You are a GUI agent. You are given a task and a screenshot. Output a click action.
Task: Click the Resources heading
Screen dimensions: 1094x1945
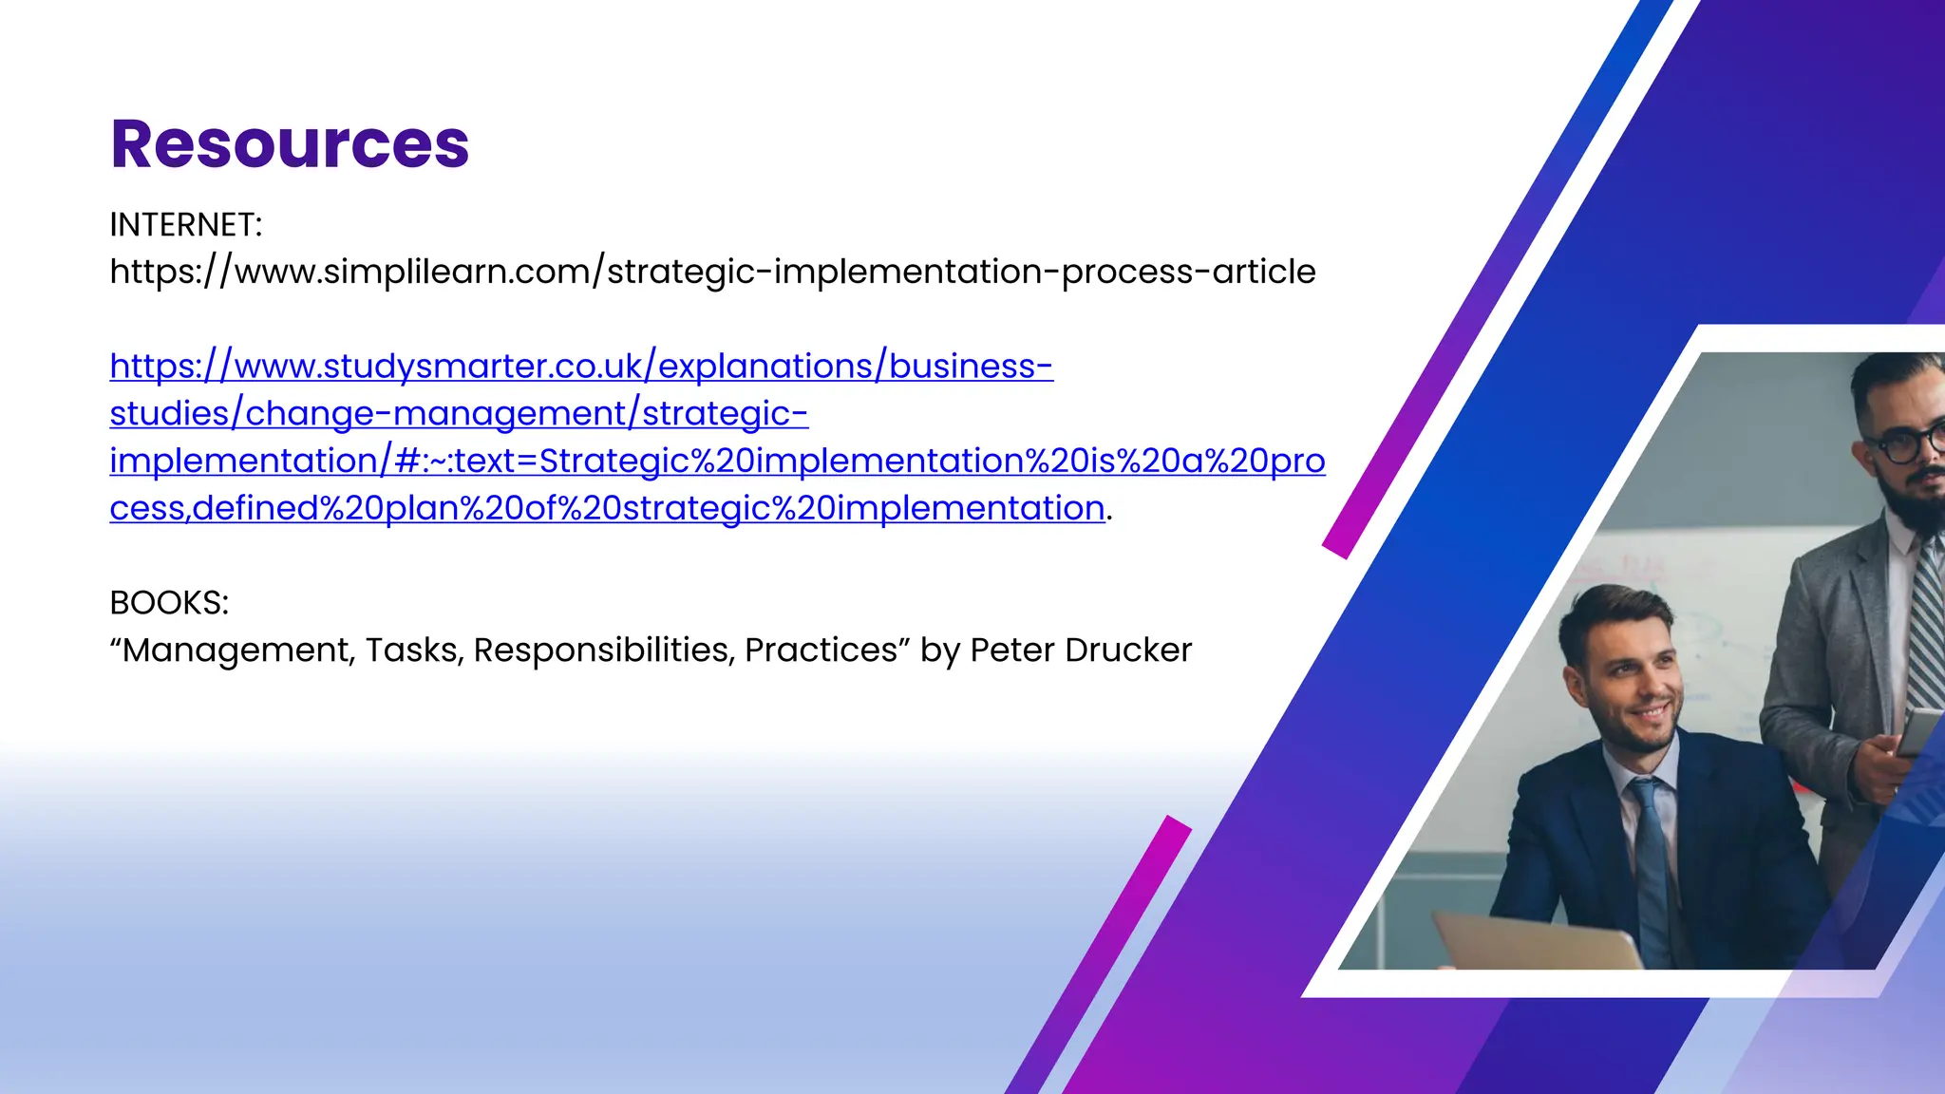tap(290, 144)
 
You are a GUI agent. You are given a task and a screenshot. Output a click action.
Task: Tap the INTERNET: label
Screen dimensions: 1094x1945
tap(185, 225)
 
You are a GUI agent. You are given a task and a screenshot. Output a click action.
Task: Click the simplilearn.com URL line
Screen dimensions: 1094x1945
tap(712, 273)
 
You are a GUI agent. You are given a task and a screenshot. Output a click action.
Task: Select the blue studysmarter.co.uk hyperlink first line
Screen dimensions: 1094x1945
tap(581, 367)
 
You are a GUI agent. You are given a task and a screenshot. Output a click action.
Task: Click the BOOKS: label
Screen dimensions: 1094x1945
tap(169, 603)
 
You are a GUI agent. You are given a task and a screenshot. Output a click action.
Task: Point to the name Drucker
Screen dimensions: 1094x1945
tap(1128, 651)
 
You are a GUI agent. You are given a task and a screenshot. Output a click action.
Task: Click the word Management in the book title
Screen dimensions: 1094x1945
tap(237, 651)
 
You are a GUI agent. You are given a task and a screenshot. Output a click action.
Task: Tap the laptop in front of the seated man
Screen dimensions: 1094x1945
tap(1539, 940)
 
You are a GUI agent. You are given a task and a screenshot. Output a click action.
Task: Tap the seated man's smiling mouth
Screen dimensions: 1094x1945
tap(1651, 712)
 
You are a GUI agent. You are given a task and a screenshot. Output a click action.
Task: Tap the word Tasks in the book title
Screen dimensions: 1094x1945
tap(414, 651)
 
